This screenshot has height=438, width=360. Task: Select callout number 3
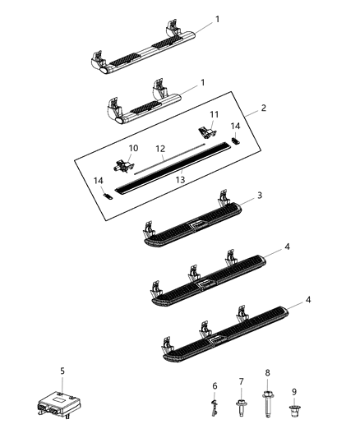pyautogui.click(x=259, y=218)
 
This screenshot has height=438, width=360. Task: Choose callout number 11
pyautogui.click(x=213, y=114)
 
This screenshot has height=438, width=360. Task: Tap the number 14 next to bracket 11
pyautogui.click(x=236, y=126)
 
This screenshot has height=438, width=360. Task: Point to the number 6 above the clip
pyautogui.click(x=215, y=385)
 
